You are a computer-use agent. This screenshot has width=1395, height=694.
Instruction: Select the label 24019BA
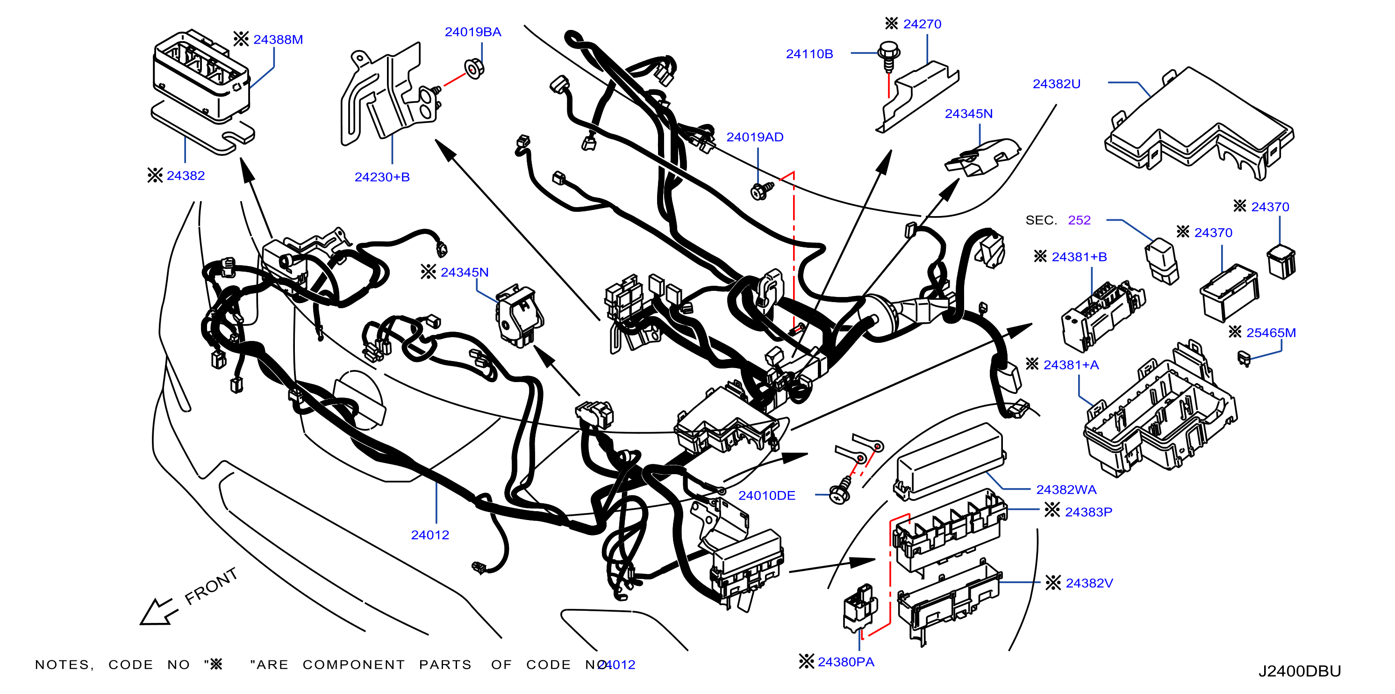[473, 32]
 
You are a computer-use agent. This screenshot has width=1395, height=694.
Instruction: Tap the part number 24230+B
[382, 177]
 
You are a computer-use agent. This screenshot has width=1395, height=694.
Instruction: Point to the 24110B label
[809, 54]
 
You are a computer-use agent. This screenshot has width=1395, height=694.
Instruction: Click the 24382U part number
[1056, 84]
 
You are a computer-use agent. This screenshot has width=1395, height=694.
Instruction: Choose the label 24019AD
[754, 137]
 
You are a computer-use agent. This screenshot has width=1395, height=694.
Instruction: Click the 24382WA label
[1066, 490]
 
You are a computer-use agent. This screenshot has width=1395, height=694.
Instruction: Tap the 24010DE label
[766, 496]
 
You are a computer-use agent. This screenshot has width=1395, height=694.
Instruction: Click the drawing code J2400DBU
[1299, 671]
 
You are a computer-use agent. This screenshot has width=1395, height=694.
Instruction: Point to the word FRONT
[211, 587]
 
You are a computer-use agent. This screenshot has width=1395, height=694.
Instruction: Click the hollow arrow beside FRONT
[158, 612]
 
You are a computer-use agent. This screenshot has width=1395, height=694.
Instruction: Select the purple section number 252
[1079, 220]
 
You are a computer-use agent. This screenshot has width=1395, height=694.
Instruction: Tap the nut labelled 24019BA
[474, 69]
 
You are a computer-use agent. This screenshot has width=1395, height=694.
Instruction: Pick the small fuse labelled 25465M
[1244, 358]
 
